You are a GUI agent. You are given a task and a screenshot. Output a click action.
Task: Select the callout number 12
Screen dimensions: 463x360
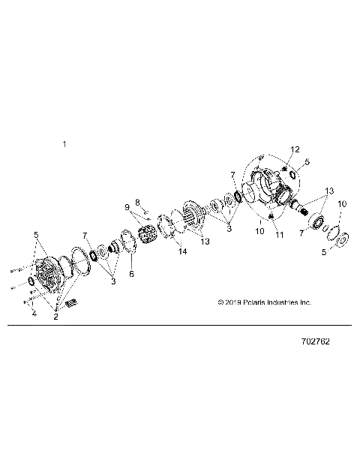[295, 149]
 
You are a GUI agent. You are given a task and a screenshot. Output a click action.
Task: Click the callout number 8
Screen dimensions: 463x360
[138, 202]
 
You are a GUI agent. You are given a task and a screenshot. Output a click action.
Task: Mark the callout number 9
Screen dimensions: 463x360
[127, 206]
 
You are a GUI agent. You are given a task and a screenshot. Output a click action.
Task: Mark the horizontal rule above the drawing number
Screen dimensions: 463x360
[180, 326]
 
